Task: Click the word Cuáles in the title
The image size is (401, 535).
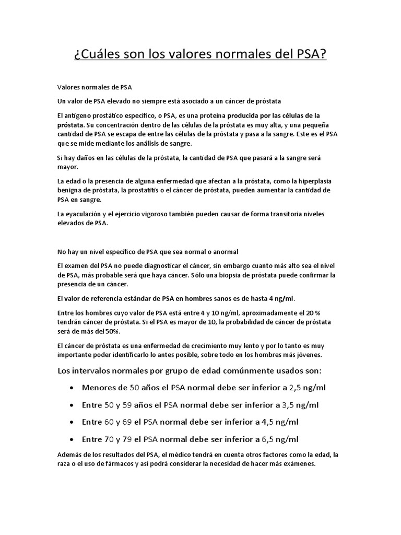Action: coord(103,54)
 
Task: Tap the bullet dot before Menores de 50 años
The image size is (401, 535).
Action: coord(70,388)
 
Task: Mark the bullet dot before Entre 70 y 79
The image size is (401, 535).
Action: coord(70,439)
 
